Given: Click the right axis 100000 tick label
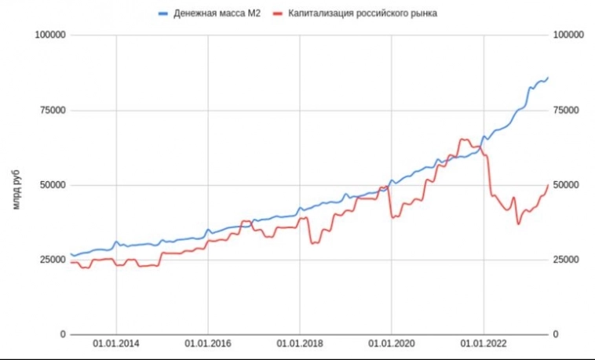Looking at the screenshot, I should [570, 35].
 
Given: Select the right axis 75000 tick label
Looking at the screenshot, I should [568, 110].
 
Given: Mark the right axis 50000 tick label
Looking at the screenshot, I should [568, 185].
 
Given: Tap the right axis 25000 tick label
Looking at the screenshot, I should [568, 260].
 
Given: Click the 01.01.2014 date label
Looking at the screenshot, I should [116, 344].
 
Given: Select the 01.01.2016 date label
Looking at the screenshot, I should [208, 344].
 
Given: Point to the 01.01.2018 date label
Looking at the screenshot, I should [300, 344].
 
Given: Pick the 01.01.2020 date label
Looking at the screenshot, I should [392, 344].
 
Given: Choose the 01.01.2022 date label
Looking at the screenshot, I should [484, 344].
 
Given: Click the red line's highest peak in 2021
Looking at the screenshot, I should [462, 140].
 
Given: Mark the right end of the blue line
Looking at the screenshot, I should [548, 77].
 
